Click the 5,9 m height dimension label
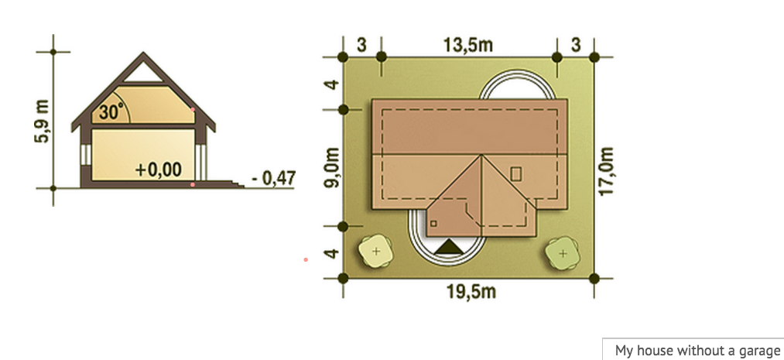42,122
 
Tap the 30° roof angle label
110,112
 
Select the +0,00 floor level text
159,170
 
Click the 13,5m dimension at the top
468,45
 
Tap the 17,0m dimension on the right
606,172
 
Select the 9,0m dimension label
331,167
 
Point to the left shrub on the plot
376,250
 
